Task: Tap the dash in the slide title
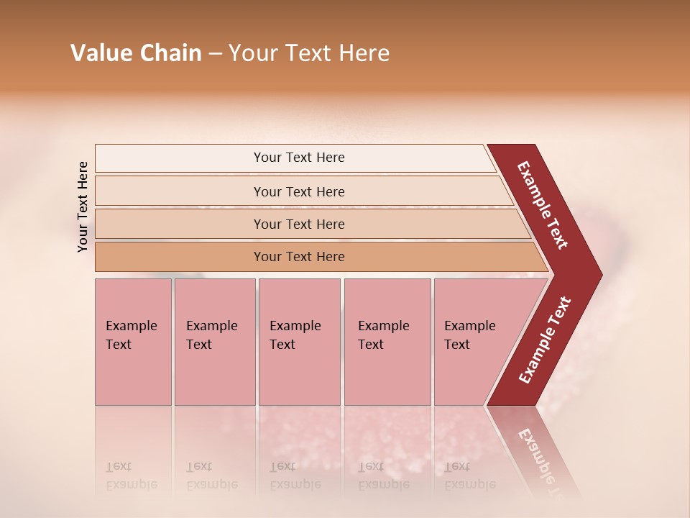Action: point(215,54)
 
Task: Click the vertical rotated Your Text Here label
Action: point(83,206)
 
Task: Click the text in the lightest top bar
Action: point(299,158)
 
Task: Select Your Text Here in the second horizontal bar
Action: point(299,192)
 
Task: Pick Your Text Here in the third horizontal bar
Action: point(299,224)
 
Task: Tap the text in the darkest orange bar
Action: point(299,257)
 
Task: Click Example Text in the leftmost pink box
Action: point(131,335)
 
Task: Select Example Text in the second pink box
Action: point(211,335)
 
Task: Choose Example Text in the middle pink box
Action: point(295,335)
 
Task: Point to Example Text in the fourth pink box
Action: point(383,335)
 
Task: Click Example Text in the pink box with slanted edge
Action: point(469,335)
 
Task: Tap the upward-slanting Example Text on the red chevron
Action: point(545,340)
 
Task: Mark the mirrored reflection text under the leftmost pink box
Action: point(131,476)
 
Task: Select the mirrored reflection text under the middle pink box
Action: point(295,476)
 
